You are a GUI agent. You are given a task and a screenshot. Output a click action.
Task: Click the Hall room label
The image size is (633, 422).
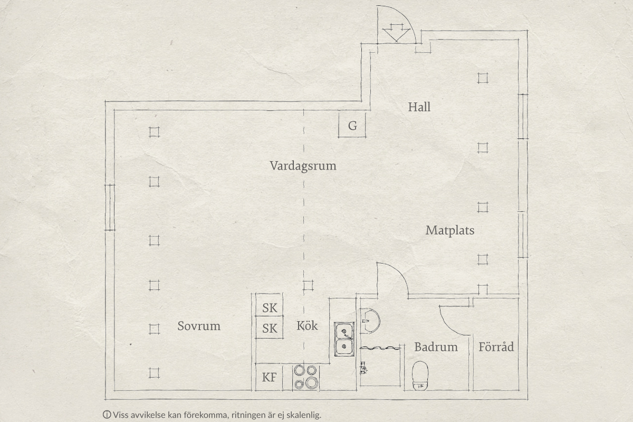pyautogui.click(x=419, y=107)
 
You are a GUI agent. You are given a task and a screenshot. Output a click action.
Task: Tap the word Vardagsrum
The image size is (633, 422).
pyautogui.click(x=303, y=166)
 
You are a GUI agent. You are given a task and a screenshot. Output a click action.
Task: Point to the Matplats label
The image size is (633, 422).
pyautogui.click(x=450, y=231)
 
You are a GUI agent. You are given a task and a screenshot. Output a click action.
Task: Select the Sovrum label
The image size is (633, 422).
pyautogui.click(x=199, y=326)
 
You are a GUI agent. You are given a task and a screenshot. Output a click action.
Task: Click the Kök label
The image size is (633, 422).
pyautogui.click(x=307, y=326)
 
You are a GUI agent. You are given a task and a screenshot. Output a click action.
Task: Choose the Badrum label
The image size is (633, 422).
pyautogui.click(x=436, y=347)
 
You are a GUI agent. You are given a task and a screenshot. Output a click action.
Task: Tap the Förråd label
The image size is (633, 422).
pyautogui.click(x=496, y=347)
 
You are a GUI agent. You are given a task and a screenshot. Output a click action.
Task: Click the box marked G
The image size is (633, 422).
pyautogui.click(x=352, y=125)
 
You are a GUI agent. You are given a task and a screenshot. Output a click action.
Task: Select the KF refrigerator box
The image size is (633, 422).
pyautogui.click(x=269, y=377)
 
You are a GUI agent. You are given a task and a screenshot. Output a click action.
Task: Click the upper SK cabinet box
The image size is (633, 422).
pyautogui.click(x=269, y=305)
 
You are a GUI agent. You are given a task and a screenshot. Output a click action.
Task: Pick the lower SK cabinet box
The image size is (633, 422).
pyautogui.click(x=269, y=327)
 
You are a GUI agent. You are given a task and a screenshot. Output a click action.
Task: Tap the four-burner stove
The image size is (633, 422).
pyautogui.click(x=306, y=377)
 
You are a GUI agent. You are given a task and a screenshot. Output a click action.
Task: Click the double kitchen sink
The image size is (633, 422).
pyautogui.click(x=344, y=339)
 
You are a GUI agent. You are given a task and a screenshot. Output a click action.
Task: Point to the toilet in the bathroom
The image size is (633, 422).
pyautogui.click(x=420, y=376)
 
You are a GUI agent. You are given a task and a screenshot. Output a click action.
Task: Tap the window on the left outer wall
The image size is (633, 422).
pyautogui.click(x=110, y=207)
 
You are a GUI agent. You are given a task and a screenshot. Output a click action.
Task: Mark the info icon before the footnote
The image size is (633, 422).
pyautogui.click(x=107, y=415)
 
